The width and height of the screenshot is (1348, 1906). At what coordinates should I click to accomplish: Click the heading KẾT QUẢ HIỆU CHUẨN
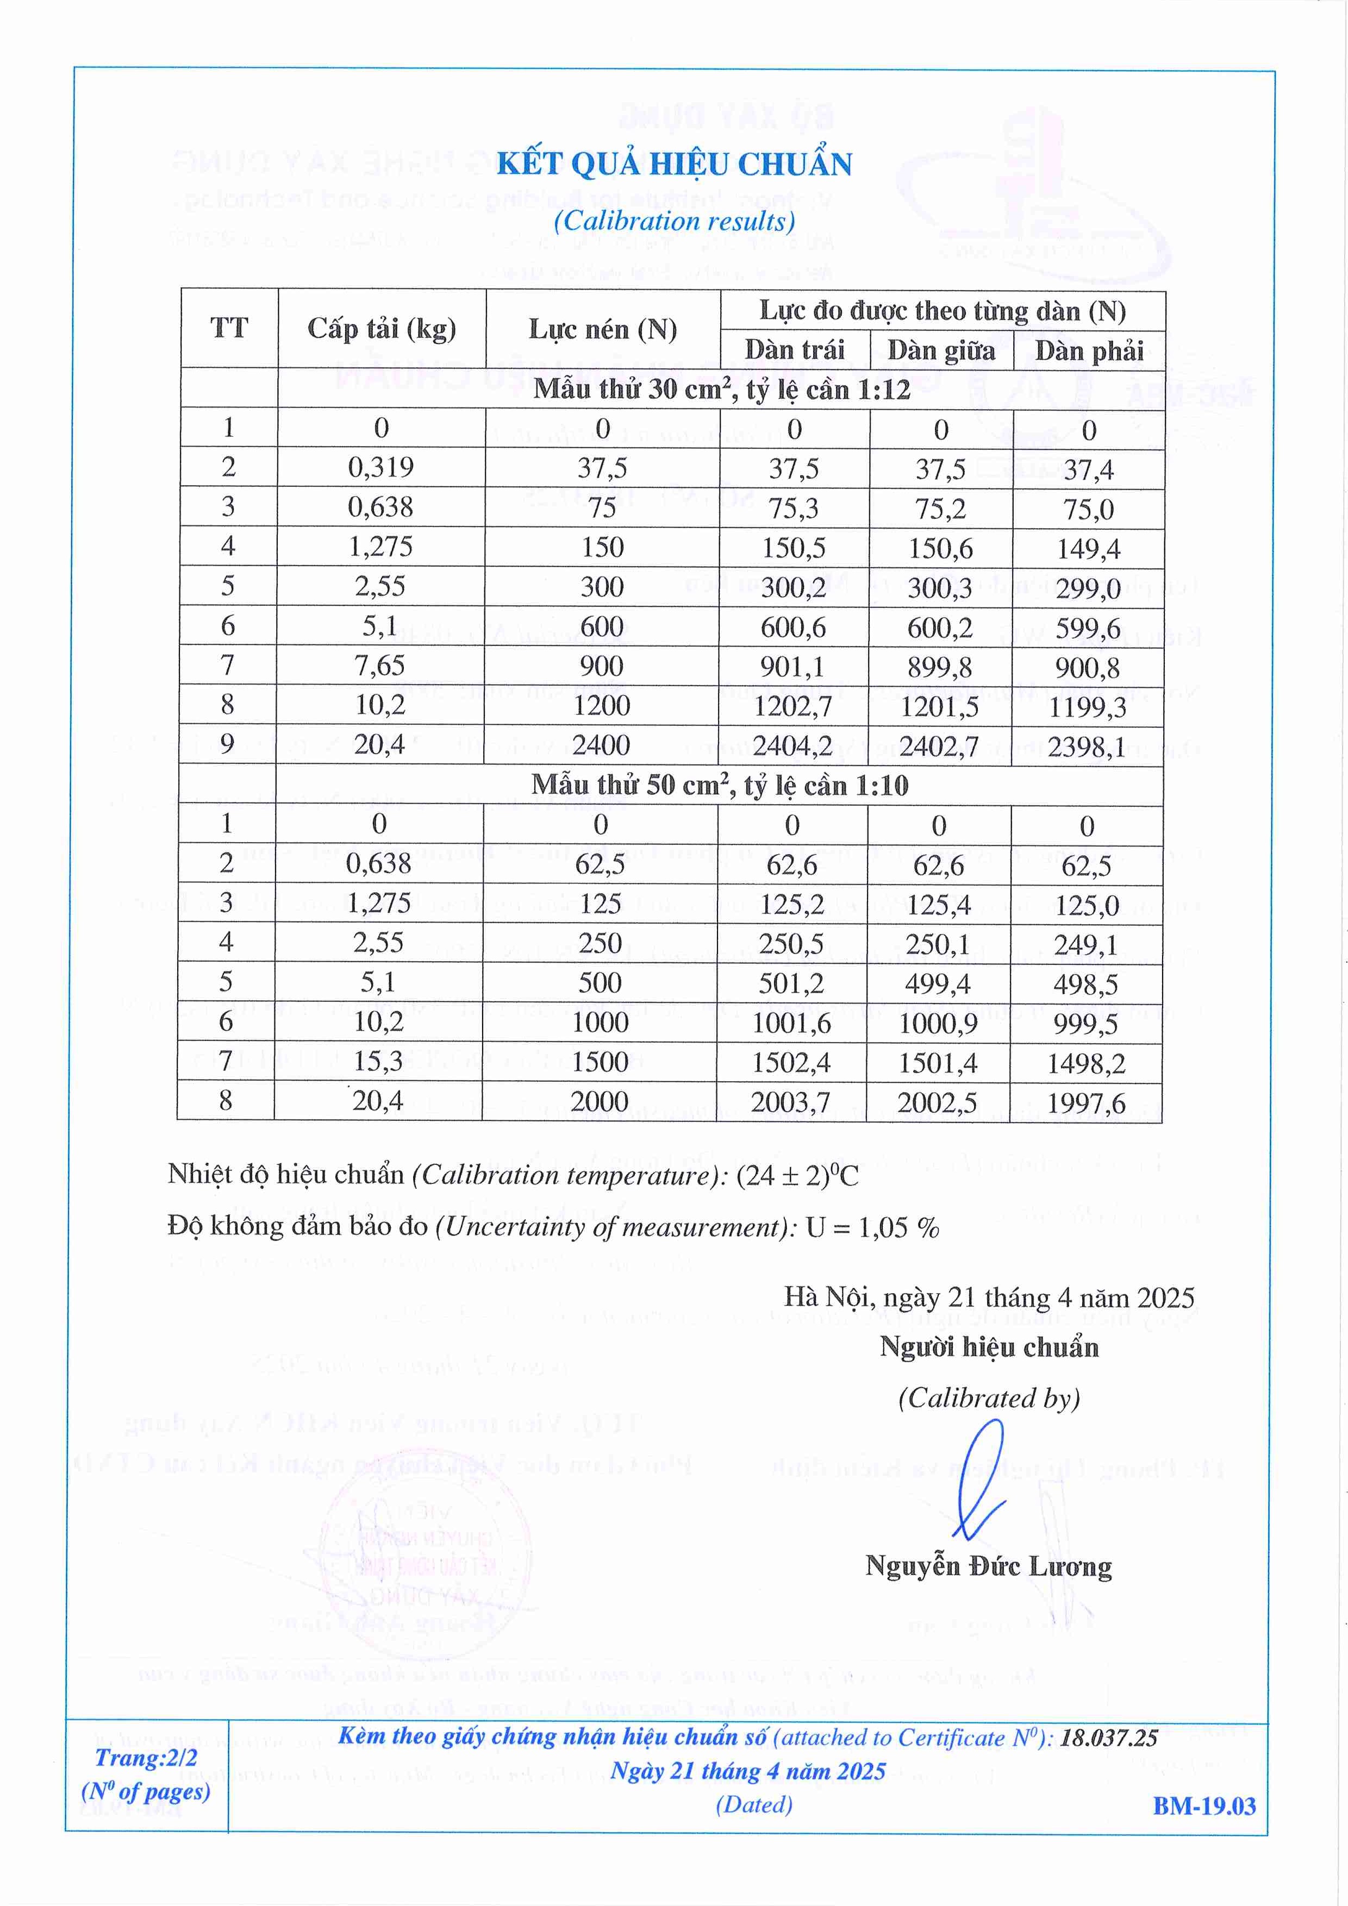(673, 165)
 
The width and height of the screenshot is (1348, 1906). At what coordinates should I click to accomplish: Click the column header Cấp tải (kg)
(381, 329)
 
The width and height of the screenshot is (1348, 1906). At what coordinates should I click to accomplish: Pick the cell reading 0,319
(380, 467)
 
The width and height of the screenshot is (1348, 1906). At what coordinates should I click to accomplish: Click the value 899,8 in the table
(940, 667)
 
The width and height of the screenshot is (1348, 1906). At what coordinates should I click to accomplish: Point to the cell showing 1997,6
(1085, 1104)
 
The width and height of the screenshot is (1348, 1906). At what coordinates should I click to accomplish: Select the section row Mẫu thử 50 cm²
(719, 785)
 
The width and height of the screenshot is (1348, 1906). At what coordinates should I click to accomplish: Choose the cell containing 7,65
(379, 666)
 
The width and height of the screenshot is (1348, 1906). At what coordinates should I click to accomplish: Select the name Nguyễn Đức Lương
(988, 1566)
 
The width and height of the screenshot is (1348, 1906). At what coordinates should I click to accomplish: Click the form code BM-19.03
(1203, 1807)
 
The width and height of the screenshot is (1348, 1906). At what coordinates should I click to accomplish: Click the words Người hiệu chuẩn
(988, 1346)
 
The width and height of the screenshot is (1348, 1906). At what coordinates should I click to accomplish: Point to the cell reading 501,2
(791, 984)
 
